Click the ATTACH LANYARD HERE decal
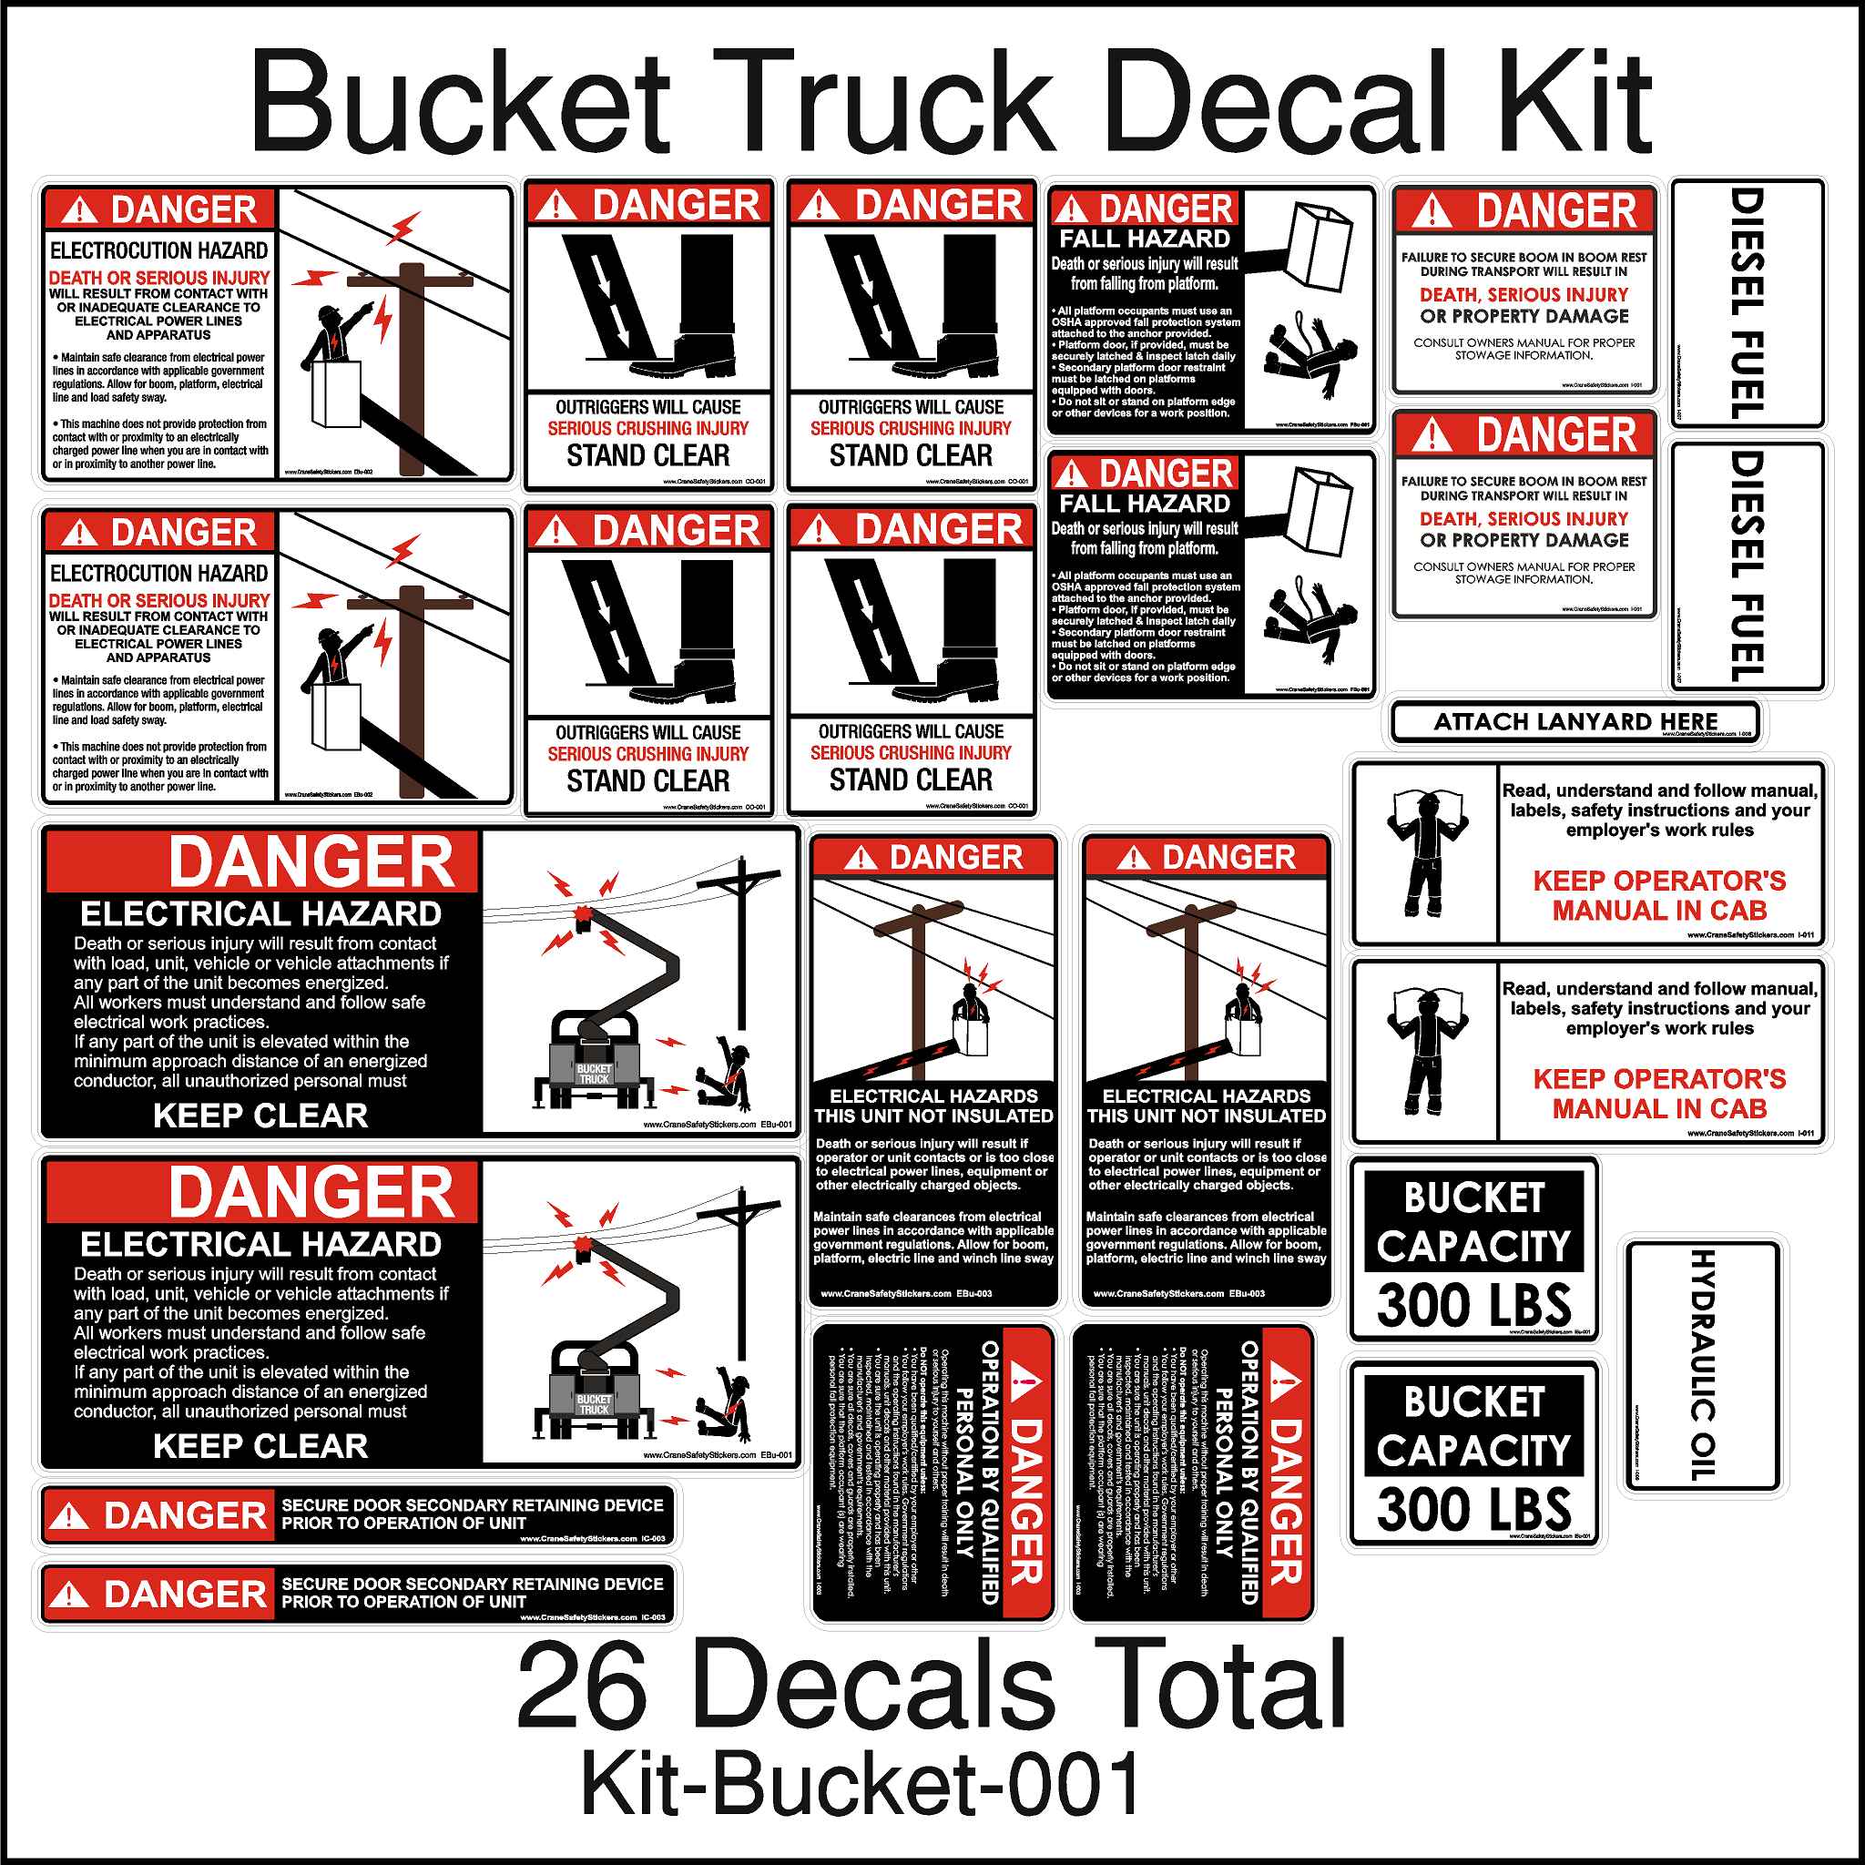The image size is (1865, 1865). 1575,722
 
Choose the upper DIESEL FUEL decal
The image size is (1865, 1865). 1747,303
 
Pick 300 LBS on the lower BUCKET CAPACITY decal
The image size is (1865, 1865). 1473,1509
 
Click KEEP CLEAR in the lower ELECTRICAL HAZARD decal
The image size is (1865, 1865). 260,1445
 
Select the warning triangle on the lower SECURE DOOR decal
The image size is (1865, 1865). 68,1594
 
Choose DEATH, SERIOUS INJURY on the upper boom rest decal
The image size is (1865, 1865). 1524,294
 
